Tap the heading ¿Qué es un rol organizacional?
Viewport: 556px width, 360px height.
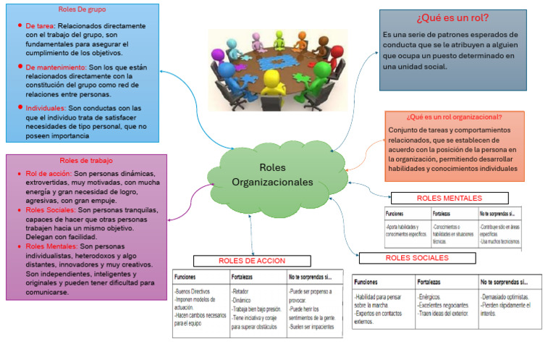point(454,117)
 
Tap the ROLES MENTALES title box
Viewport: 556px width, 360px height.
point(449,198)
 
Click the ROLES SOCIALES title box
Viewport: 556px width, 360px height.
point(417,258)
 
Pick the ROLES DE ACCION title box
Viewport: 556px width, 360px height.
point(251,261)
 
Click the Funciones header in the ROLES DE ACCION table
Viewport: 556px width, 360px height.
point(188,277)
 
